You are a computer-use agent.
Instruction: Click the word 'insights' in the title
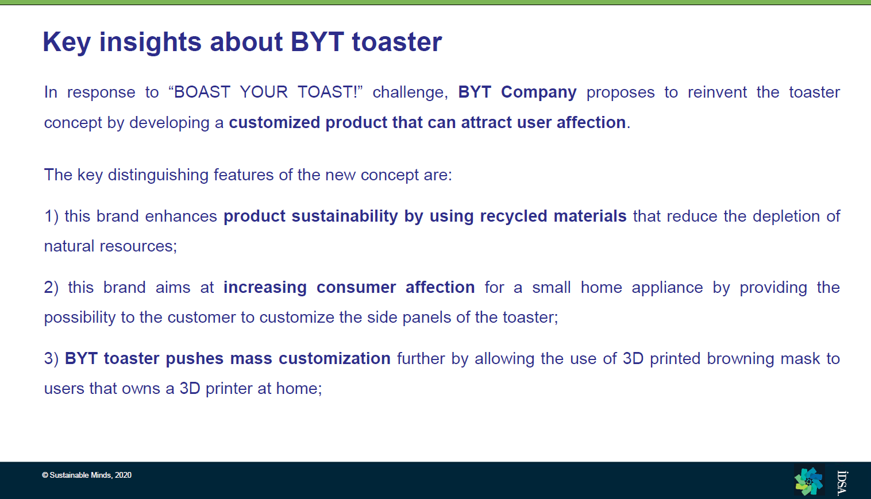pyautogui.click(x=151, y=41)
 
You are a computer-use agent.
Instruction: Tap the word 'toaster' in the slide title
pyautogui.click(x=397, y=42)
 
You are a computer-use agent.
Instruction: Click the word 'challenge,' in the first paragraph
pyautogui.click(x=411, y=92)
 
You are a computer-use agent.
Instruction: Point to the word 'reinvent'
pyautogui.click(x=717, y=92)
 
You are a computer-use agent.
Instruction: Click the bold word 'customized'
pyautogui.click(x=273, y=122)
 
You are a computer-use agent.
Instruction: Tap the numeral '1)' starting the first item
pyautogui.click(x=51, y=216)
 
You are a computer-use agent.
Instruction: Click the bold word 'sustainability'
pyautogui.click(x=345, y=216)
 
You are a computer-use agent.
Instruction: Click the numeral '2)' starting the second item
pyautogui.click(x=51, y=288)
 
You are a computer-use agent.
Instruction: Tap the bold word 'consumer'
pyautogui.click(x=356, y=288)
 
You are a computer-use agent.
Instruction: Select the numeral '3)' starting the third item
pyautogui.click(x=51, y=359)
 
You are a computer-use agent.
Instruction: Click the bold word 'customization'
pyautogui.click(x=334, y=359)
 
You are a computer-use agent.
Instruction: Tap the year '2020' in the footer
pyautogui.click(x=124, y=475)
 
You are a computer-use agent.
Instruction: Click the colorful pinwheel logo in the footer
pyautogui.click(x=809, y=481)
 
